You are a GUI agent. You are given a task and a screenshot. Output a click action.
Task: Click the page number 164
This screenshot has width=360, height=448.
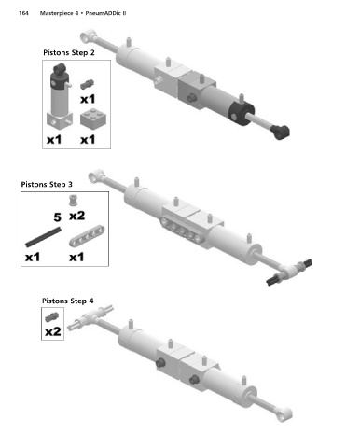[23, 13]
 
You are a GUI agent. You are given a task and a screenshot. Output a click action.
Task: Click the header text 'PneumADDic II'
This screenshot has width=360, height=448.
[105, 13]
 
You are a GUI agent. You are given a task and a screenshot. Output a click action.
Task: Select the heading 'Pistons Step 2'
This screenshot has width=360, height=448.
[69, 53]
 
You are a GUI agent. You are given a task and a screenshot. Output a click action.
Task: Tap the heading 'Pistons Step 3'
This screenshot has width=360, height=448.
[47, 185]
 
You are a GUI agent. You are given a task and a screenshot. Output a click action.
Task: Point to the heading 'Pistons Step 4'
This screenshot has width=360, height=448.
[68, 301]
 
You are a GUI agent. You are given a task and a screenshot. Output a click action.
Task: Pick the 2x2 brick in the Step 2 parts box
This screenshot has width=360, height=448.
[93, 119]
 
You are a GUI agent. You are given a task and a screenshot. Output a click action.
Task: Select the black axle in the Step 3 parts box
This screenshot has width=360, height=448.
[43, 237]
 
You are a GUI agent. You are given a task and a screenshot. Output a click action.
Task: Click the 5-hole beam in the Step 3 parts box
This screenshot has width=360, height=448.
[87, 236]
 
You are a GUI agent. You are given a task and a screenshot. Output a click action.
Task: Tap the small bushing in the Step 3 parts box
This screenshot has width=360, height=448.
[73, 201]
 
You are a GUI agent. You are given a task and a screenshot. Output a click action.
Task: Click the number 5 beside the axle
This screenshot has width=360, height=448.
[57, 217]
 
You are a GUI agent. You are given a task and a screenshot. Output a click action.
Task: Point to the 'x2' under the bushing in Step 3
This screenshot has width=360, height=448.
[77, 216]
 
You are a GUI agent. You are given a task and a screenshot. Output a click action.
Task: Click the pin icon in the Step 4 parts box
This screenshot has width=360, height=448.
[51, 317]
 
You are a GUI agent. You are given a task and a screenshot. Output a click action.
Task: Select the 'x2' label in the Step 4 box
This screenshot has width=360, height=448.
[53, 331]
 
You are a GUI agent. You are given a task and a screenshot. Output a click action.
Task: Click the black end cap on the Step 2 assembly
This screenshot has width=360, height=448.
[242, 113]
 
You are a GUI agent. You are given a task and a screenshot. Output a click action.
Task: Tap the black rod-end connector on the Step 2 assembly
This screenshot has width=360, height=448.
[280, 132]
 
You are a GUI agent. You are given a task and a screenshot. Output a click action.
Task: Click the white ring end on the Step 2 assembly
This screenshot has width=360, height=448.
[88, 36]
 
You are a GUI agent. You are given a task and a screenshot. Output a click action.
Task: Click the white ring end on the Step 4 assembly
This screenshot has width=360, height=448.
[284, 414]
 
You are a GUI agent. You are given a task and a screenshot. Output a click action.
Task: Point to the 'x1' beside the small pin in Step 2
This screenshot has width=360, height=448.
[88, 99]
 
